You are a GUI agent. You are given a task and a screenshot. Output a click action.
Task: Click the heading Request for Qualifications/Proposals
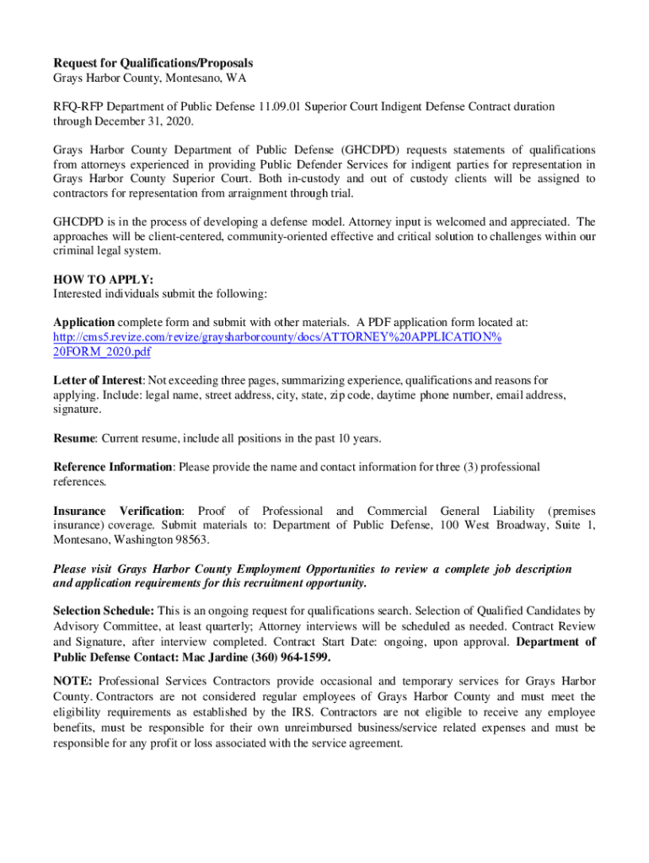(x=153, y=63)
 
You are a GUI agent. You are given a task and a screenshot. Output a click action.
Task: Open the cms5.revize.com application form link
(x=277, y=337)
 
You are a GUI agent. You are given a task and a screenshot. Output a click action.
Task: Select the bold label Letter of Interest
(x=99, y=380)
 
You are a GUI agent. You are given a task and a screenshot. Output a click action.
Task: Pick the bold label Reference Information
(x=113, y=467)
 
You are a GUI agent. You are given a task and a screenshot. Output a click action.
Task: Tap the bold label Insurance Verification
(x=118, y=511)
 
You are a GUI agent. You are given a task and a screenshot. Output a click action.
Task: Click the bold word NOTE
(x=72, y=680)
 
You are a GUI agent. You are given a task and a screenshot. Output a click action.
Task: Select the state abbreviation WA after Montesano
(x=211, y=78)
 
